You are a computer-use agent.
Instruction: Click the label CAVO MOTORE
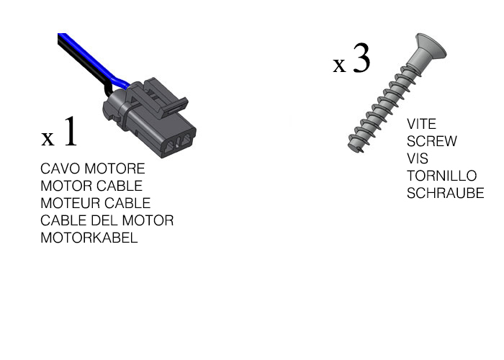(x=92, y=169)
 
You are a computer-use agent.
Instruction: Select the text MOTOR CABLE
(x=91, y=186)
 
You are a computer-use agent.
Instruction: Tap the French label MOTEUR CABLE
(x=95, y=204)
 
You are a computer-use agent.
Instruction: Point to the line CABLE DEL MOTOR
(x=107, y=221)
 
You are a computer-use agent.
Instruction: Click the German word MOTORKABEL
(x=89, y=238)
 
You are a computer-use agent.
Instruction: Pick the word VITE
(x=421, y=125)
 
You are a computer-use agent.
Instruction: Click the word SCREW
(x=431, y=142)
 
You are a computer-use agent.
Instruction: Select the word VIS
(x=417, y=159)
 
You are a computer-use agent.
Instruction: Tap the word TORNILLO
(x=441, y=176)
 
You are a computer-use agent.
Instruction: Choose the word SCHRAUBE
(x=445, y=194)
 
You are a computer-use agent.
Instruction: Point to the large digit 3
(x=361, y=59)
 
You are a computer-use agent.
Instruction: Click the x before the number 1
(x=48, y=138)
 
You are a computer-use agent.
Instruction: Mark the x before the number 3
(x=340, y=65)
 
